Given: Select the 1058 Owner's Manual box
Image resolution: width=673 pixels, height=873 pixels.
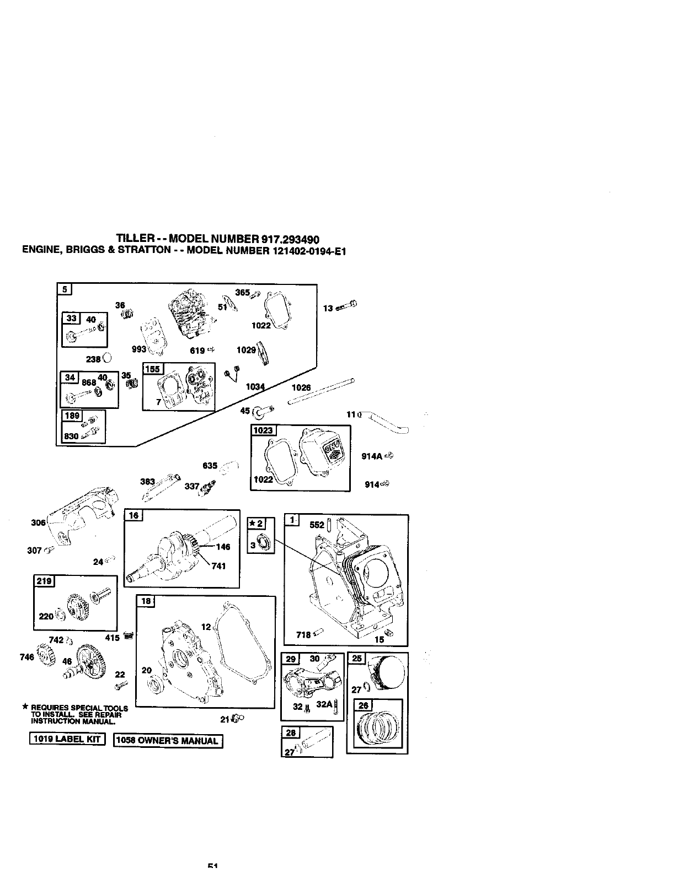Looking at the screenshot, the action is tap(168, 741).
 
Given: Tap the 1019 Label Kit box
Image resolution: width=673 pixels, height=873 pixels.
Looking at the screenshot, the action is tap(67, 740).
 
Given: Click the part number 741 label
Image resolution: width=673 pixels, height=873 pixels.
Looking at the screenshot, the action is tap(218, 566).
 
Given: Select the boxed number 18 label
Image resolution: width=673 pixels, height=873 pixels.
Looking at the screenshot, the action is tap(146, 602).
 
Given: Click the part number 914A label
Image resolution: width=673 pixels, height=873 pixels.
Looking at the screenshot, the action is tap(372, 456).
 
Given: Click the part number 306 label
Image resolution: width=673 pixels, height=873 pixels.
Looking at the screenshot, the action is tap(38, 523).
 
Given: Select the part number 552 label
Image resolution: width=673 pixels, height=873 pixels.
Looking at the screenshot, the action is tap(317, 525).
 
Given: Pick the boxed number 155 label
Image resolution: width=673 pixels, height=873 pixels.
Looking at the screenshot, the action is tap(151, 369).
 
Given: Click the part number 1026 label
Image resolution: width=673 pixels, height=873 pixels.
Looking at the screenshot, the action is tap(301, 387).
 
